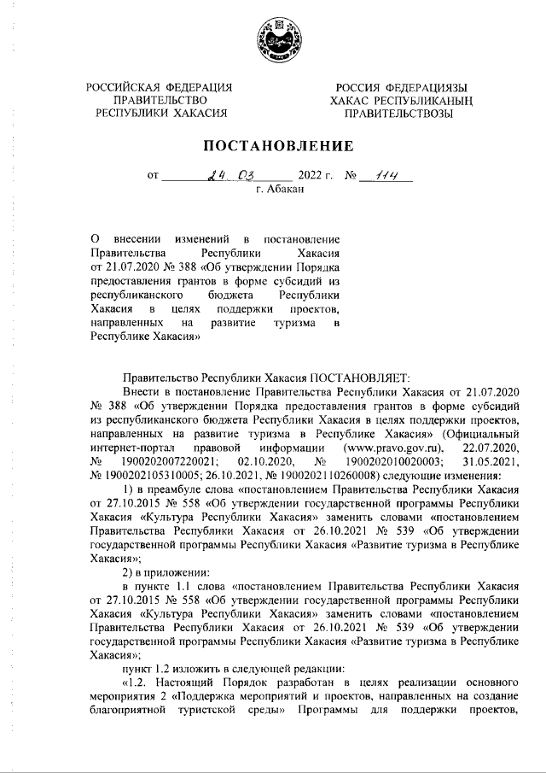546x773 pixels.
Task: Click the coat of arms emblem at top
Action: (x=273, y=38)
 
